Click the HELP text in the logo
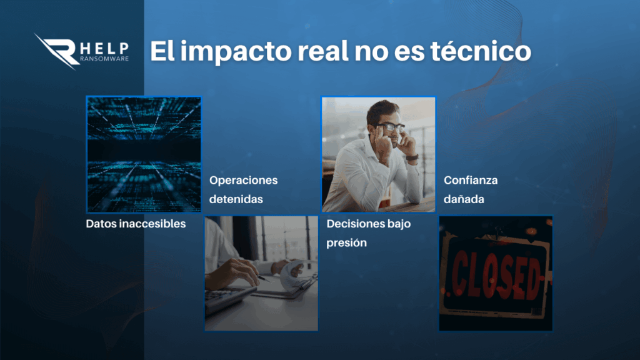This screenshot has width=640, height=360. (104, 49)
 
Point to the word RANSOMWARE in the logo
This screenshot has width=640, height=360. (104, 58)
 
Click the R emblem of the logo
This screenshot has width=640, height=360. (57, 51)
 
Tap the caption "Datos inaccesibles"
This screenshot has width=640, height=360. (136, 224)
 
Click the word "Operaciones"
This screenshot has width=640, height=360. (243, 181)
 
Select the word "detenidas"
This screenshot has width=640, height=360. (236, 199)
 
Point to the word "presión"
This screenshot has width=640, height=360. (346, 243)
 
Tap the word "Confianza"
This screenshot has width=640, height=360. (471, 180)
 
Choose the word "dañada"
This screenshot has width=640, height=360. (464, 199)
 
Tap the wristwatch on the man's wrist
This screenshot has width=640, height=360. (412, 157)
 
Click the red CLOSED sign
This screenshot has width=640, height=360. (496, 274)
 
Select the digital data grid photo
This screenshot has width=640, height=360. (144, 154)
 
